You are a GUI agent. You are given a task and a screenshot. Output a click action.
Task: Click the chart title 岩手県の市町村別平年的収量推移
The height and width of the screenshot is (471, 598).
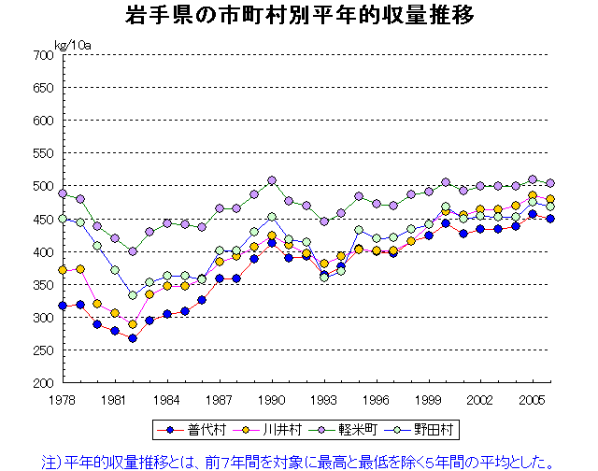pyautogui.click(x=299, y=16)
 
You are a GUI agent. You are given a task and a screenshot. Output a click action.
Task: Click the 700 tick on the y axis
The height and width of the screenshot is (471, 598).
pyautogui.click(x=44, y=55)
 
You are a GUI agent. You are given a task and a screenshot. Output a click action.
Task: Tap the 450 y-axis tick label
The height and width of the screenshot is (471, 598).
pyautogui.click(x=44, y=220)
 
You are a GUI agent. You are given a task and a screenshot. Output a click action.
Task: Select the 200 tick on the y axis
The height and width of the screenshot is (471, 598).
pyautogui.click(x=44, y=383)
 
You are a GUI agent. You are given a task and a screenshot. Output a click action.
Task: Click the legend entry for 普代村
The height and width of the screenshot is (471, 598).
pyautogui.click(x=199, y=430)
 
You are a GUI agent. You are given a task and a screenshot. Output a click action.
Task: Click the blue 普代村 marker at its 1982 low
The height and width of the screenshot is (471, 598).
pyautogui.click(x=133, y=338)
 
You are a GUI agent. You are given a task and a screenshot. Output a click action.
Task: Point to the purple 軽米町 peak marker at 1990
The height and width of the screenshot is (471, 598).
pyautogui.click(x=272, y=180)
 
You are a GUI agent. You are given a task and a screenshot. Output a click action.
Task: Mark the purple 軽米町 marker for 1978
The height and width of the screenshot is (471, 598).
pyautogui.click(x=63, y=193)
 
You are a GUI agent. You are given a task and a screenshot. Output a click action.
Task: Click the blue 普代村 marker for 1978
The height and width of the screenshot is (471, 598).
pyautogui.click(x=63, y=306)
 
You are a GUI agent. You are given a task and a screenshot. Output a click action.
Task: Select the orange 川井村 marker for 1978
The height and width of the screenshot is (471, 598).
pyautogui.click(x=63, y=270)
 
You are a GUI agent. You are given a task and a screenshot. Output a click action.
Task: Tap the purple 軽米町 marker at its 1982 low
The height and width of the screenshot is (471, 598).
pyautogui.click(x=133, y=251)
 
